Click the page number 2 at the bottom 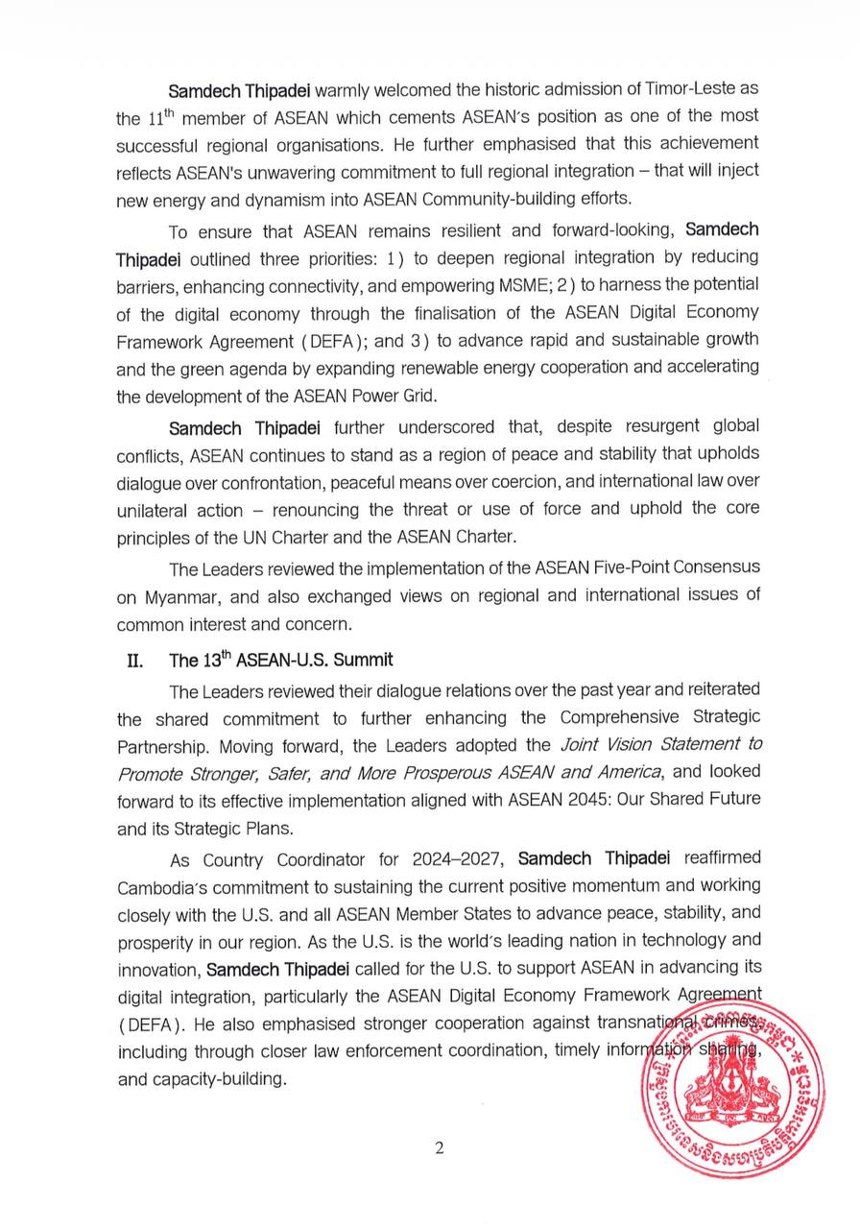(x=439, y=1148)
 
